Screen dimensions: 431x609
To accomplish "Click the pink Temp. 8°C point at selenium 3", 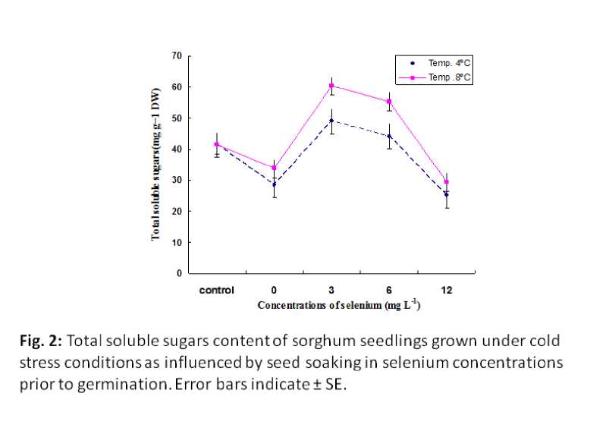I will (331, 86).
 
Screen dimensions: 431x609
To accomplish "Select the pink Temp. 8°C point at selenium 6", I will (388, 102).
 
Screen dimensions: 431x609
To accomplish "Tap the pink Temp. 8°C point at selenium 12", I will (446, 182).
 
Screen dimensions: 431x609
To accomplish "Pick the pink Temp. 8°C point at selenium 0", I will (274, 168).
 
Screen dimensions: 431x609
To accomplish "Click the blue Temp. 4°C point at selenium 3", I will (331, 120).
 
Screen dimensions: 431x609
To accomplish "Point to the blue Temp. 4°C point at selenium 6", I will (388, 136).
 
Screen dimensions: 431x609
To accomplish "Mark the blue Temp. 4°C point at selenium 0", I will (274, 184).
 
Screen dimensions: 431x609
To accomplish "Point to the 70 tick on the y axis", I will (177, 56).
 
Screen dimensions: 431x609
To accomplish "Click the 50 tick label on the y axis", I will (177, 118).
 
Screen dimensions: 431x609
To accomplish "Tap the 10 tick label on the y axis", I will (177, 242).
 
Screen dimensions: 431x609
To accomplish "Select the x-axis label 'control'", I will (216, 290).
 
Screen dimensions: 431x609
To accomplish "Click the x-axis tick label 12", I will (446, 290).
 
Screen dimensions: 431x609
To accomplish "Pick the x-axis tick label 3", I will (331, 290).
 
